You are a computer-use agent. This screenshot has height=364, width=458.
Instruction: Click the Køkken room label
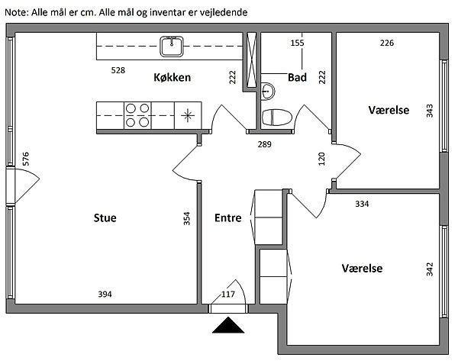tap(172, 77)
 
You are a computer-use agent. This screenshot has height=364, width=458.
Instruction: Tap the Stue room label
tap(105, 217)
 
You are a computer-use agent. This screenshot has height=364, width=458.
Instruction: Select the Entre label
tap(227, 217)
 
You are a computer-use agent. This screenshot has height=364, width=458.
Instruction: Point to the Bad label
tap(297, 77)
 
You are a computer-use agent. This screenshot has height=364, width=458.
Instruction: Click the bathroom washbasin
tap(267, 91)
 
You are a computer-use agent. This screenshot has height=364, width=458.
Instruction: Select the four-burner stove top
tap(137, 115)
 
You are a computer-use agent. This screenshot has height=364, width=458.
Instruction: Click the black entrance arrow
tap(227, 326)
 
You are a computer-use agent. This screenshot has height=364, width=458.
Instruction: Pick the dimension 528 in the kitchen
tap(118, 70)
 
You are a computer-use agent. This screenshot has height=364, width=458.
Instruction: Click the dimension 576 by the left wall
tap(26, 159)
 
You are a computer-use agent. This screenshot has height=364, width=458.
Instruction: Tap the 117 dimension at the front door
tap(227, 294)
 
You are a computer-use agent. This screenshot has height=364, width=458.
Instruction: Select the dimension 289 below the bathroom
tap(264, 143)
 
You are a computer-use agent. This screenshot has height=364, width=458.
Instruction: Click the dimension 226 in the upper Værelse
tap(387, 43)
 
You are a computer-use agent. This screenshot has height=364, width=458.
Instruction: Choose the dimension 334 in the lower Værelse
tap(362, 204)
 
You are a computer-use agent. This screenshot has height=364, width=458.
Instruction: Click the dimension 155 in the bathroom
tap(297, 43)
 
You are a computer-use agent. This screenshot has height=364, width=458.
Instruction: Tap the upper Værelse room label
tap(389, 110)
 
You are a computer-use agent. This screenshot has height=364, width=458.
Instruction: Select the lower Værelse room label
tap(362, 269)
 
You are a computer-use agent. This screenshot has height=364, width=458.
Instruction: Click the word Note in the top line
tap(15, 13)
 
